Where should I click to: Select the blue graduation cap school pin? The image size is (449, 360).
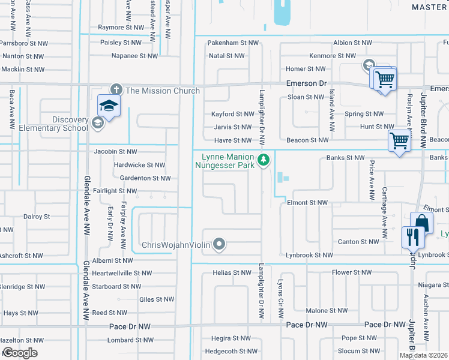[x=109, y=106]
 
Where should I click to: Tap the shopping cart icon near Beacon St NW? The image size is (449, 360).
[x=399, y=142]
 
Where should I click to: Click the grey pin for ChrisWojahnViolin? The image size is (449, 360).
[x=220, y=244]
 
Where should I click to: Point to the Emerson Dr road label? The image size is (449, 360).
[x=306, y=83]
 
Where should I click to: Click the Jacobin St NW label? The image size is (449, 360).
[x=115, y=152]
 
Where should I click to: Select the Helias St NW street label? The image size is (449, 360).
[x=231, y=272]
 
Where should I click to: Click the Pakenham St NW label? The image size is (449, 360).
[x=233, y=43]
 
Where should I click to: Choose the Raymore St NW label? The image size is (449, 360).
[x=121, y=28]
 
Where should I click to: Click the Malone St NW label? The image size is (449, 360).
[x=327, y=311]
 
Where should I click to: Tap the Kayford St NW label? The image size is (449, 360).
[x=233, y=114]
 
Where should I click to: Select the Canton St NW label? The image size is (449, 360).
[x=359, y=242]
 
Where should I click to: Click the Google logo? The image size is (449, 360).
[x=20, y=353]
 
